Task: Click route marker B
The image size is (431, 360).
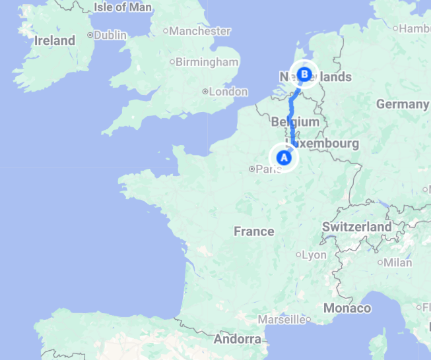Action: click(x=304, y=75)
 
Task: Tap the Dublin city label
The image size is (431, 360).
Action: click(x=110, y=35)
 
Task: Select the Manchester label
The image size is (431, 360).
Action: click(x=201, y=31)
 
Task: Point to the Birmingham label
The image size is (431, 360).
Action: click(x=207, y=62)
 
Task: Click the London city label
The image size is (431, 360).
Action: click(x=228, y=92)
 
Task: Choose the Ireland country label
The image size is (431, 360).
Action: click(x=55, y=40)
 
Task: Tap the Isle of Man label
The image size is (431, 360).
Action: click(x=123, y=7)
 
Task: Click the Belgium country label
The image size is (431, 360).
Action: click(x=295, y=122)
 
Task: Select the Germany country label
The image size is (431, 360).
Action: click(x=403, y=104)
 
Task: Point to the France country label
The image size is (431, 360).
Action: click(x=254, y=231)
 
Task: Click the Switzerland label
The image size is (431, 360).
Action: click(x=357, y=227)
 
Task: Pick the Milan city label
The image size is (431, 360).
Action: click(x=398, y=262)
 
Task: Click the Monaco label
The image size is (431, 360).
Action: click(x=347, y=308)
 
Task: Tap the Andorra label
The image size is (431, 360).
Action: click(x=238, y=340)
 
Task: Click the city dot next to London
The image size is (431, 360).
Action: click(x=205, y=92)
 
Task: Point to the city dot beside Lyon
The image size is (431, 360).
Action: click(x=299, y=255)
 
